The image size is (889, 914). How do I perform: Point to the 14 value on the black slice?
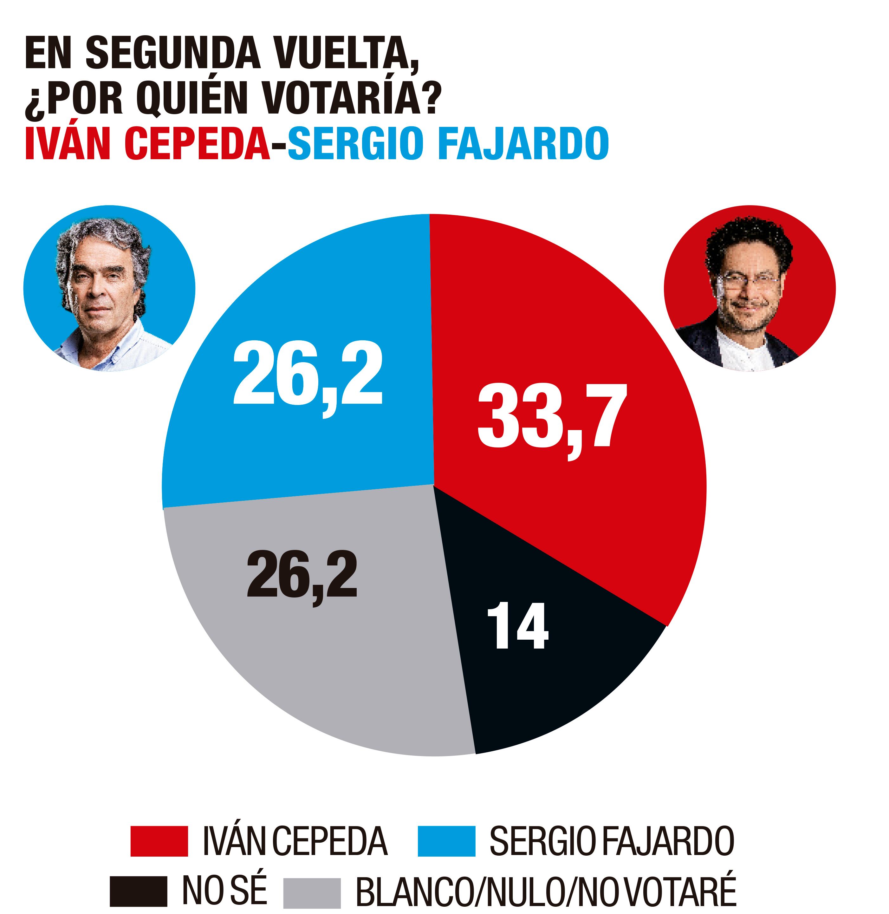517,626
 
